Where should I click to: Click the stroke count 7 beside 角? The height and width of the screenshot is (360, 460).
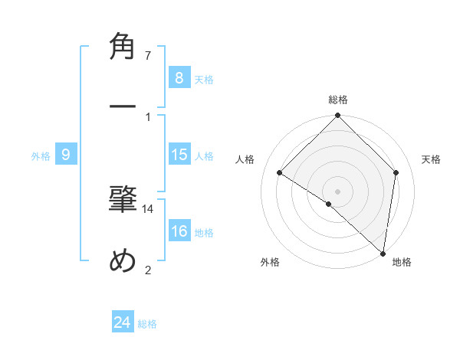point(148,56)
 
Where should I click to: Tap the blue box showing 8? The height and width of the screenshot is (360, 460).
point(179,78)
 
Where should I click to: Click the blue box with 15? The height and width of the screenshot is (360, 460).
point(179,155)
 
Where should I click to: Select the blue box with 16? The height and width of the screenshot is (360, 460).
point(179,231)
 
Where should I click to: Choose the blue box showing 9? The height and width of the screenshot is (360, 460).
point(66,155)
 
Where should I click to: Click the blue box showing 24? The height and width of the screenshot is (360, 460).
point(123,322)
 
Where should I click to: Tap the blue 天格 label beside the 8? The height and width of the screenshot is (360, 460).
point(204,80)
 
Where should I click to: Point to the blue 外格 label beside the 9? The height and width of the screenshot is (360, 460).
point(41,156)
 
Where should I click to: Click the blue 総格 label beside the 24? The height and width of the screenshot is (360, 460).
point(148,324)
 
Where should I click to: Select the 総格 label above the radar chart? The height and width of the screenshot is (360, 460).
point(338,100)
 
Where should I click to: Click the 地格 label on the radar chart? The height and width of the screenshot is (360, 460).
point(402,262)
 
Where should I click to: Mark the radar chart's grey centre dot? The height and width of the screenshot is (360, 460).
point(338,191)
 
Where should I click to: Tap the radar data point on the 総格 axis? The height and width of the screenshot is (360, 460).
point(338,117)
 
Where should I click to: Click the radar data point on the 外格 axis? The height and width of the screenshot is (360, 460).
point(329,204)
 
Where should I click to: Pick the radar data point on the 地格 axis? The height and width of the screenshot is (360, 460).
point(383,253)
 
